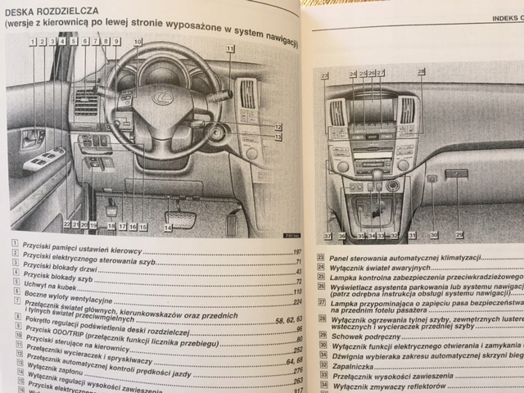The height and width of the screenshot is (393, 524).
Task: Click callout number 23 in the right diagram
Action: coord(325,76)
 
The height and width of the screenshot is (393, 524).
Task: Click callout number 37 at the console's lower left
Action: coord(326,236)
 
